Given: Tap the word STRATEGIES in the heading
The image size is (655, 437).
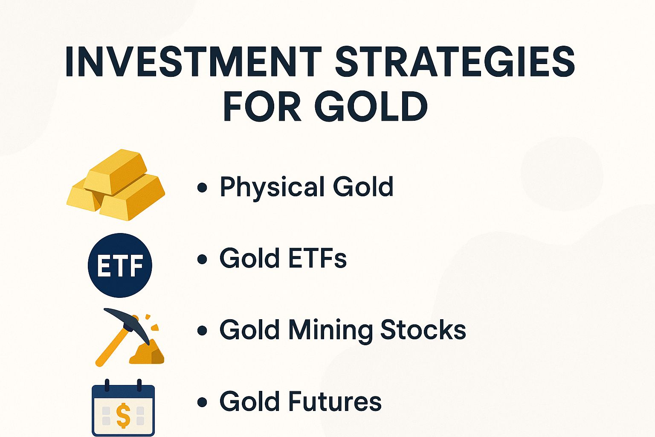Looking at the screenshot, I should click(x=455, y=62).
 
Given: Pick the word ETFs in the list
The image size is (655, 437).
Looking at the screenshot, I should click(x=318, y=258).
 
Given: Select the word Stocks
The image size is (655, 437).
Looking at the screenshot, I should click(x=423, y=329).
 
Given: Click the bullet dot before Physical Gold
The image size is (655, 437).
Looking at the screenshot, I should click(x=203, y=187).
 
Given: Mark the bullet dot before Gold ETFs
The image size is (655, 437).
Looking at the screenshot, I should click(x=203, y=259).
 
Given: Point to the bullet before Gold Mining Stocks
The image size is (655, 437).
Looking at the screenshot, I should click(x=203, y=330).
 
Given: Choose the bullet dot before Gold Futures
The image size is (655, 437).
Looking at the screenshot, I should click(x=203, y=402).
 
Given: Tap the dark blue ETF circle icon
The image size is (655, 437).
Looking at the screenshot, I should click(x=120, y=265).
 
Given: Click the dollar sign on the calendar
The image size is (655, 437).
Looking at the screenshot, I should click(x=123, y=416).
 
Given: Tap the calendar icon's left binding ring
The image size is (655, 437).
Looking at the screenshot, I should click(x=107, y=385).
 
